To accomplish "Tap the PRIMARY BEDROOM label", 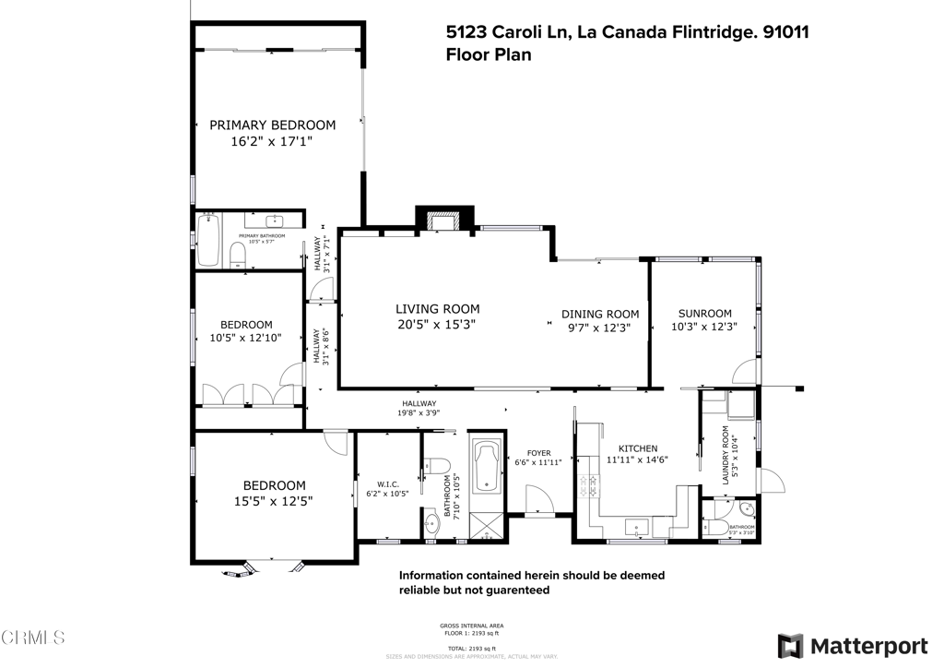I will point(272,125).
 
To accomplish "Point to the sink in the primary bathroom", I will point(275,221).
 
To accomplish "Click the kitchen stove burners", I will point(586,487).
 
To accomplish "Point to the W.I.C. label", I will point(387,484).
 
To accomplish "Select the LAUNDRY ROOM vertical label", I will point(727,455).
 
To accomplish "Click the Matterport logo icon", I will point(790,646).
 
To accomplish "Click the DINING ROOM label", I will point(600,314).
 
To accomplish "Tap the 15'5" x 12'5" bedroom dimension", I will point(274,502).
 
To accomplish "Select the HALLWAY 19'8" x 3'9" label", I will point(419,409).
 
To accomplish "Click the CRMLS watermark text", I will point(33,638).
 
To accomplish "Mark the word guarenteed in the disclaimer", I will point(513,590).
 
